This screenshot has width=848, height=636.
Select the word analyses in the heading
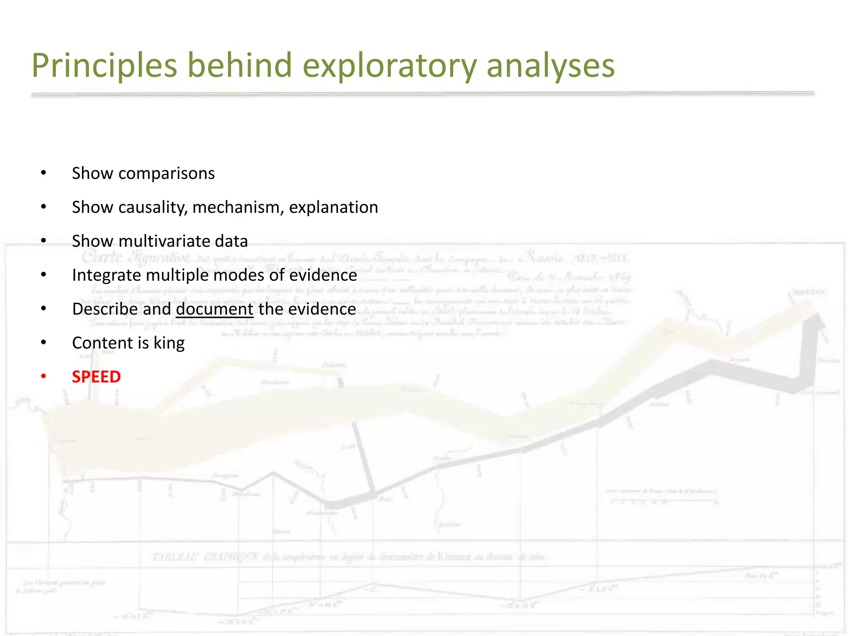pos(550,65)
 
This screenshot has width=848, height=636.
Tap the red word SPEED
pos(96,377)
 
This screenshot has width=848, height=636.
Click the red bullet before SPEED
pos(43,376)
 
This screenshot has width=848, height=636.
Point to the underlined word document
pos(214,309)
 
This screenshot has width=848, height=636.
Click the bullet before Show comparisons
pos(43,173)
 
